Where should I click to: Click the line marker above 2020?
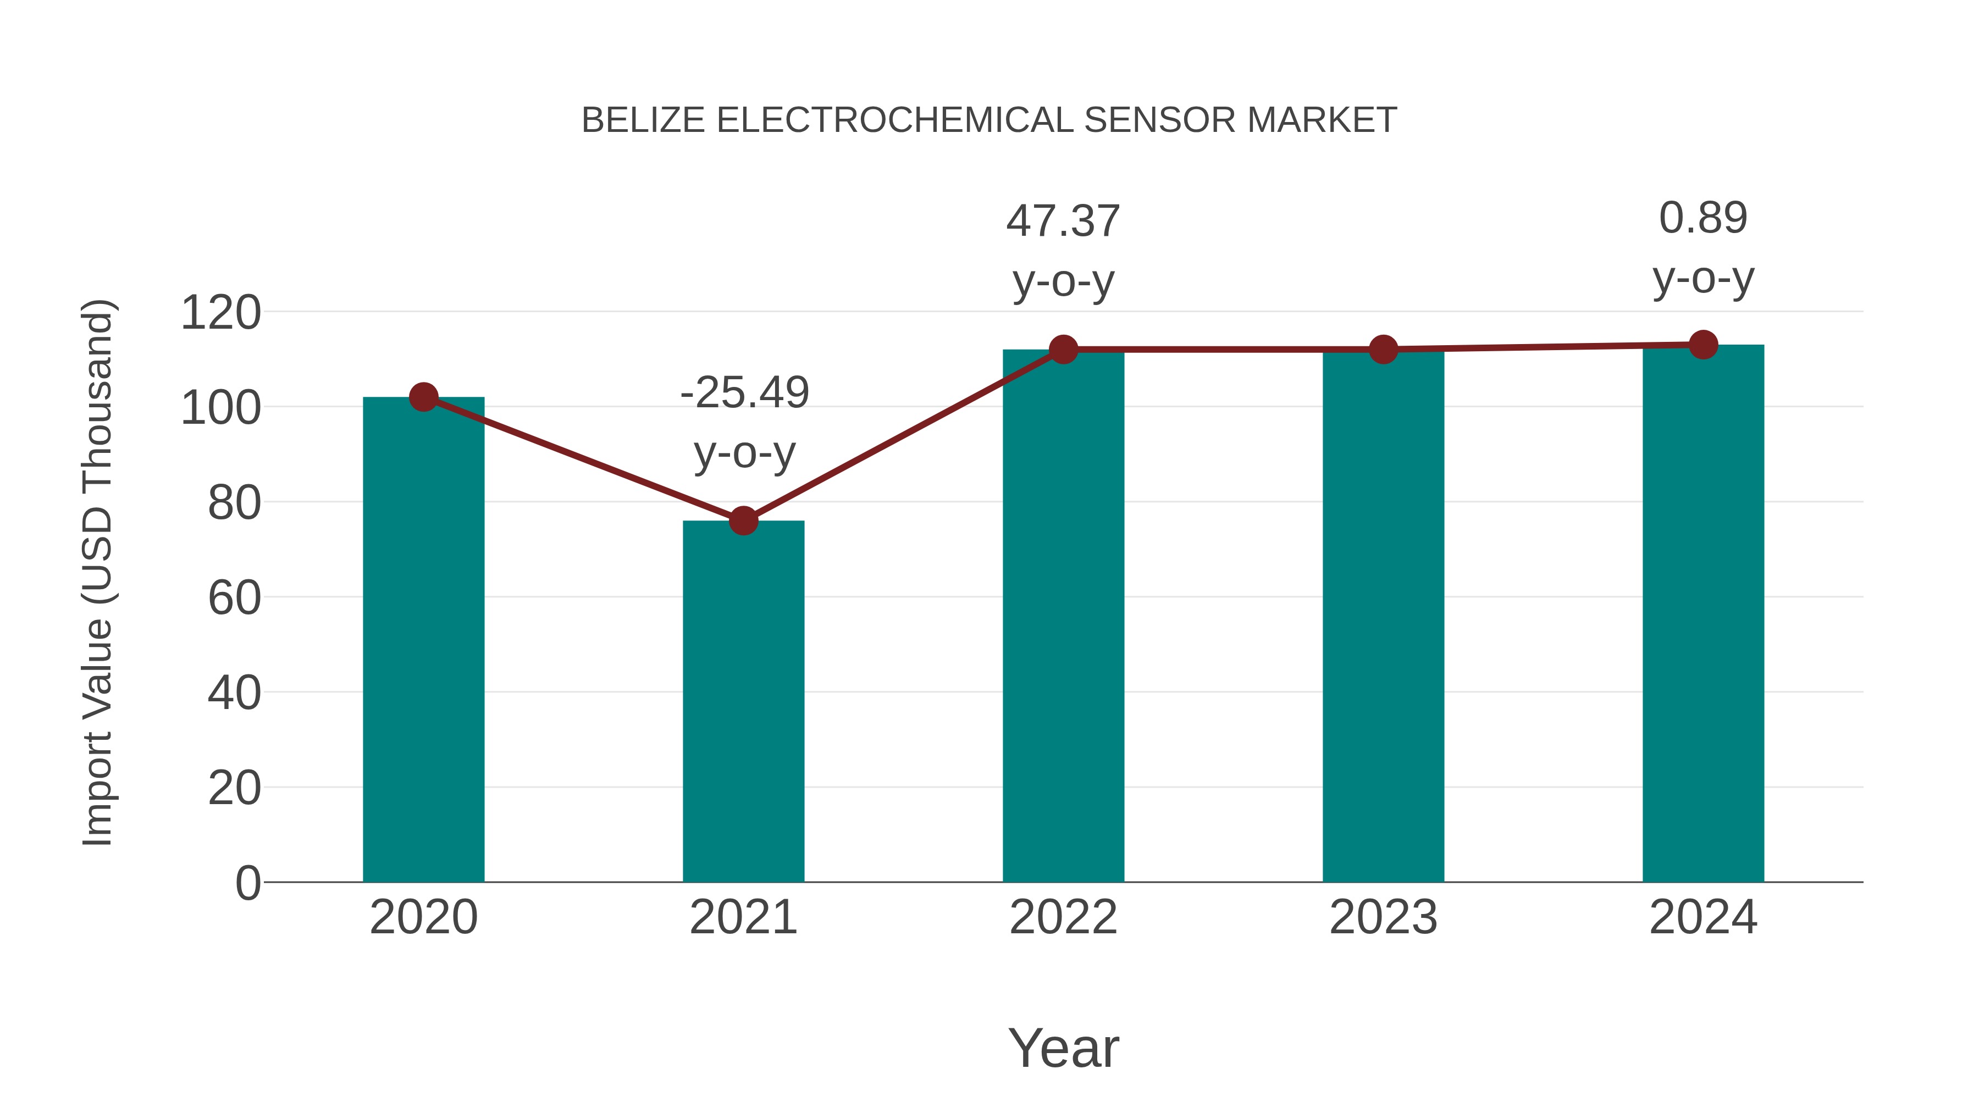[x=423, y=397]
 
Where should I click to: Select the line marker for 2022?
[x=1063, y=350]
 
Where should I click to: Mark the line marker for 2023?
[x=1383, y=350]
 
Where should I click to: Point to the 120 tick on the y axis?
[x=220, y=313]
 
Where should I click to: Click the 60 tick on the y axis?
[x=234, y=597]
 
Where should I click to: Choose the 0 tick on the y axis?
[x=248, y=883]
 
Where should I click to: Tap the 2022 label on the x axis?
[x=1063, y=917]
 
